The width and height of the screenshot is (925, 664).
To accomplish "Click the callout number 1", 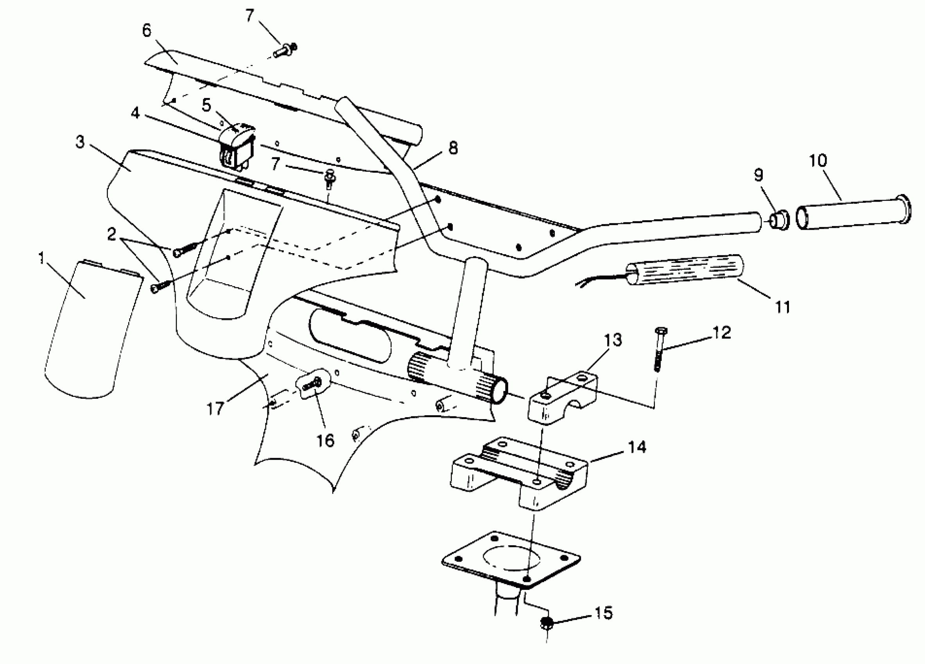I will (x=41, y=258).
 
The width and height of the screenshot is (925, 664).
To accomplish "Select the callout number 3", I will (x=80, y=142).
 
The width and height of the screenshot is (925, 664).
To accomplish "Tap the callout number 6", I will (x=147, y=30).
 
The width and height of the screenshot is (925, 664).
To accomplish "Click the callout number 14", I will (x=637, y=447).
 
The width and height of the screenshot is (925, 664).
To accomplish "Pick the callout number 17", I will (x=215, y=408).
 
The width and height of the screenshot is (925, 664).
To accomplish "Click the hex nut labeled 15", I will (x=547, y=623).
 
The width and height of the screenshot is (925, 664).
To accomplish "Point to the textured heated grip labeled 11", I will (x=685, y=270).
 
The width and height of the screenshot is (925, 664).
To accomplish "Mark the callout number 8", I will (x=453, y=148).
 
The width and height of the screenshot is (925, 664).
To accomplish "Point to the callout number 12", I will (x=721, y=332).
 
